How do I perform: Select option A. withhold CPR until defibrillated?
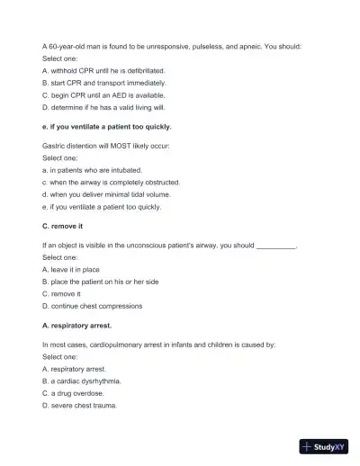tap(103, 69)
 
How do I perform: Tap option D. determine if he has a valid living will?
tap(103, 106)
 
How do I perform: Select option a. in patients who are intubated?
tap(92, 169)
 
